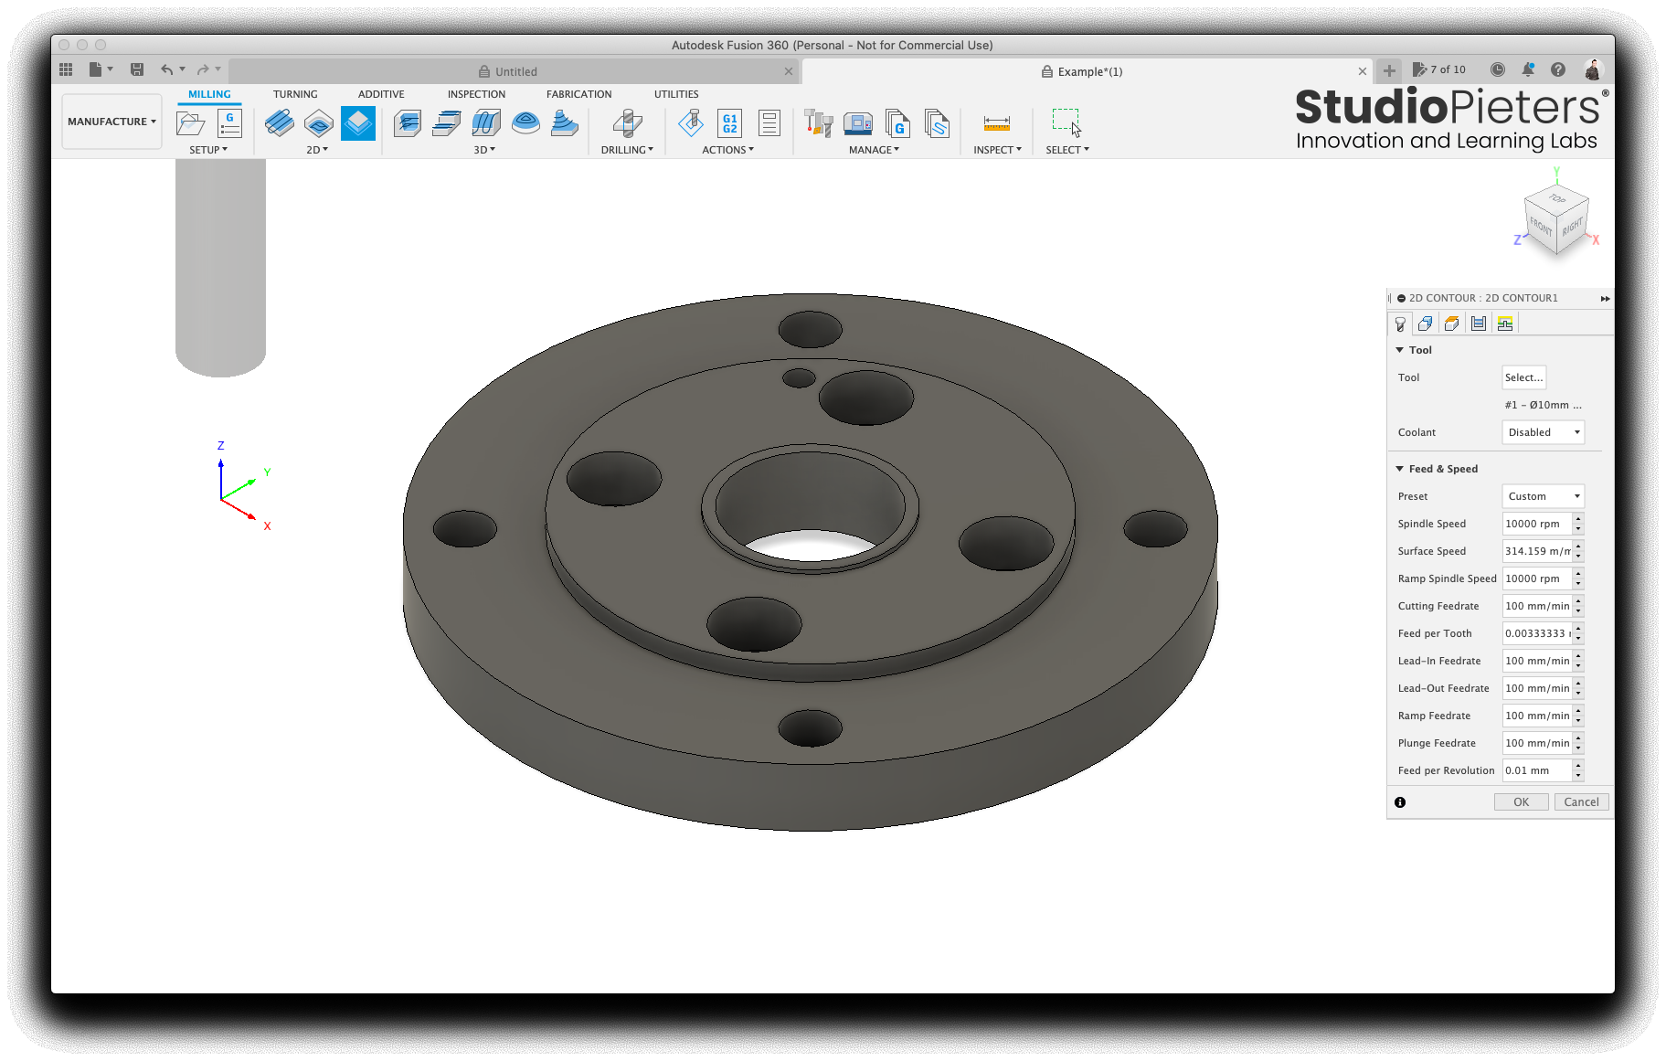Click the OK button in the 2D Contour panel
pos(1521,801)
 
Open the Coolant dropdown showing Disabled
pos(1543,432)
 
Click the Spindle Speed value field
pos(1537,524)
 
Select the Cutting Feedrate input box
pos(1537,606)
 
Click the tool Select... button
pos(1523,377)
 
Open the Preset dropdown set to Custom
pos(1543,496)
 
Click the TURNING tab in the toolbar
pos(295,94)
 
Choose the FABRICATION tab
pos(579,94)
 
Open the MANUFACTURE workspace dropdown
pos(111,122)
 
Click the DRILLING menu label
pos(627,150)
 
